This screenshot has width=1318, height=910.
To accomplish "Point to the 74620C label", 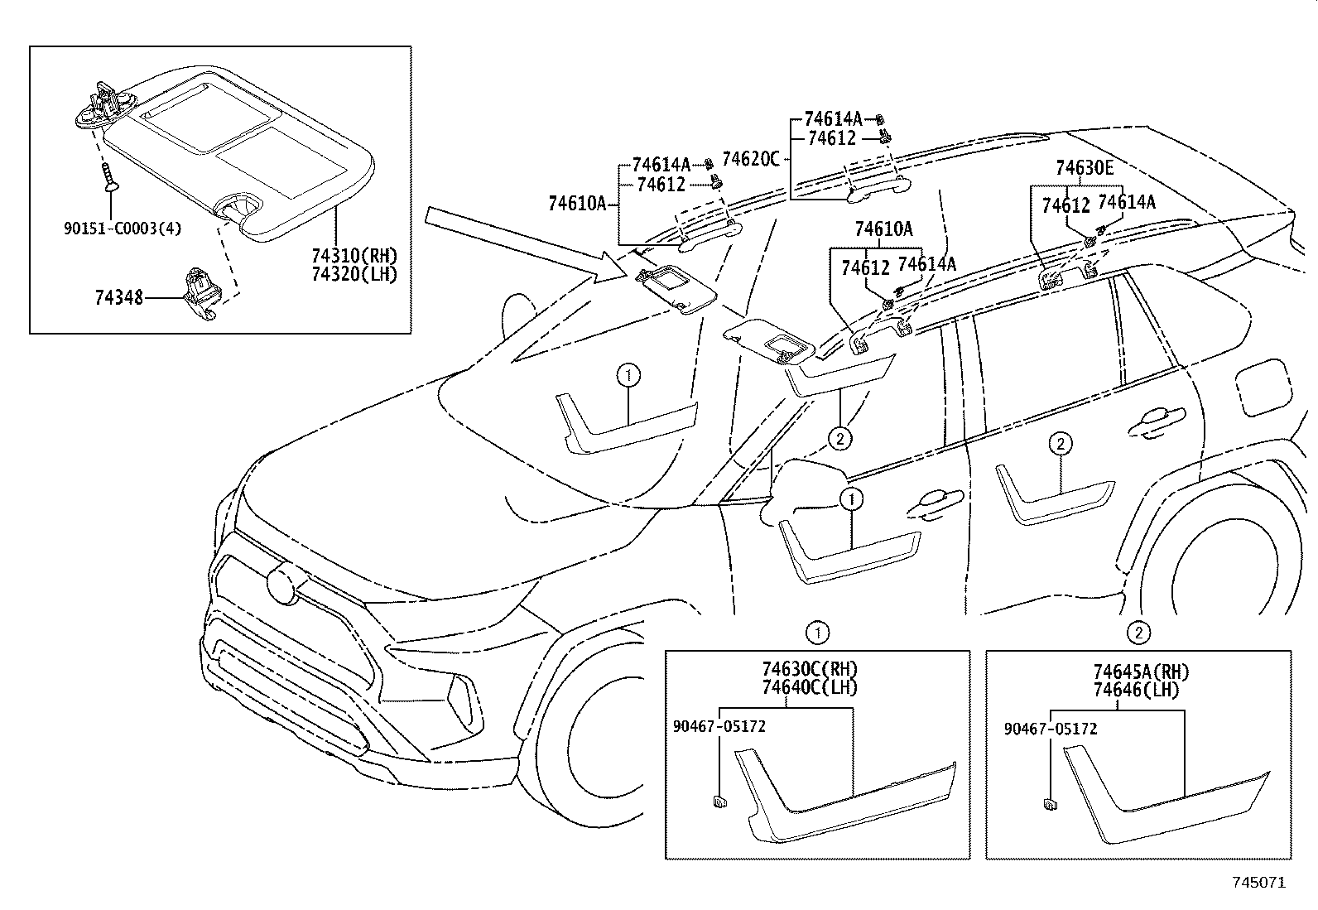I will click(x=750, y=158).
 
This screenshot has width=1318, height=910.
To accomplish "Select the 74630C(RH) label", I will click(x=809, y=669).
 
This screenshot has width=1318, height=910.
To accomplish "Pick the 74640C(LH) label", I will click(x=809, y=686).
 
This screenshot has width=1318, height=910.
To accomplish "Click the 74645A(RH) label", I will click(x=1140, y=672).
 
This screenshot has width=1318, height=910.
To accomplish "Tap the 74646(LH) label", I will click(x=1135, y=689).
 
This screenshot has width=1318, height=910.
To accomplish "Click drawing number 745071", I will click(x=1258, y=884).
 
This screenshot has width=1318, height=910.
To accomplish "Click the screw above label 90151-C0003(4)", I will click(x=108, y=177).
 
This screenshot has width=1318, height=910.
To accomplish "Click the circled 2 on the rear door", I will click(x=1060, y=445).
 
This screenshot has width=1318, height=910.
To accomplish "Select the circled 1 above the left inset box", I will click(x=817, y=633).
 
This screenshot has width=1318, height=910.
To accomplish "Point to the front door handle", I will click(x=935, y=498).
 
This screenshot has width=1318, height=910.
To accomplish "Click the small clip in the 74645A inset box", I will click(x=1049, y=802).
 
